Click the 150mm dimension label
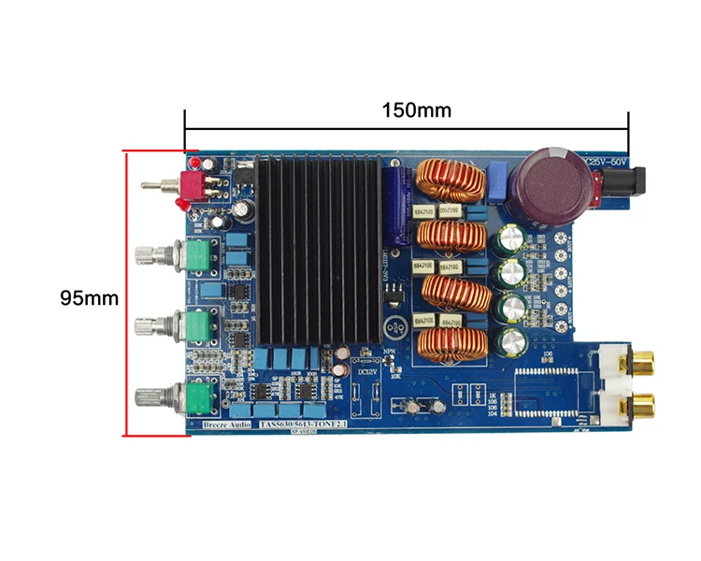pos(416,109)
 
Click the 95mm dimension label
pos(89,298)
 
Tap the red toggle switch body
pos(193,187)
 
